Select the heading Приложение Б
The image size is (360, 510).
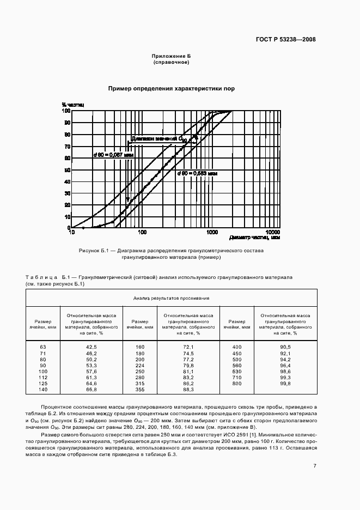coord(171,56)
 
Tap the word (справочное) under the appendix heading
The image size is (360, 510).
coord(171,62)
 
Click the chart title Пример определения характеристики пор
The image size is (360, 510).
coord(171,88)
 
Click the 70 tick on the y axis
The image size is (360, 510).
coord(67,147)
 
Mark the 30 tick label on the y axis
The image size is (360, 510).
coord(67,193)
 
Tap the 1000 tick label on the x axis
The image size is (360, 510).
coord(211,232)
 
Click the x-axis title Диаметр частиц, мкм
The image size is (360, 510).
coord(254,238)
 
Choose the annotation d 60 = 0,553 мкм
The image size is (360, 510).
coord(197,173)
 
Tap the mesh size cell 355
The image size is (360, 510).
coord(140,390)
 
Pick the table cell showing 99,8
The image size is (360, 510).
coord(285,384)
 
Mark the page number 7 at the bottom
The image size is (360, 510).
coord(315,450)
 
